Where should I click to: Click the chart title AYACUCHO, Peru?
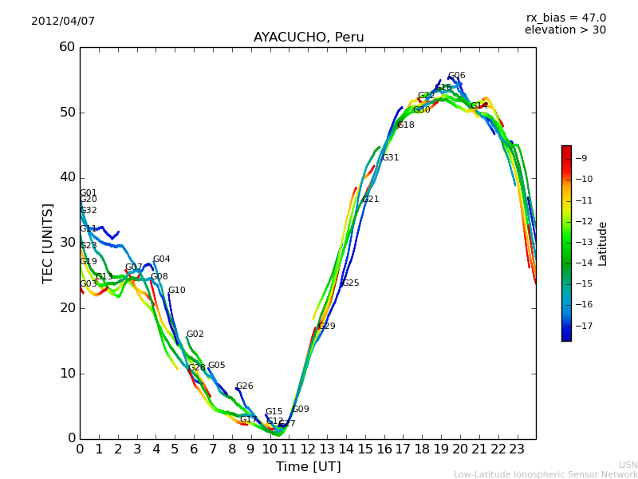point(309,38)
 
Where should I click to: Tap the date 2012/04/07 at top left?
point(63,22)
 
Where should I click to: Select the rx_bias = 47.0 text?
point(565,18)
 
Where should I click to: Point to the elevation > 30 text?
point(565,30)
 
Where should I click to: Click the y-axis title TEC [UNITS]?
point(49,243)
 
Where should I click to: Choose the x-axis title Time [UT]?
point(309,467)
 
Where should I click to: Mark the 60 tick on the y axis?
point(67,47)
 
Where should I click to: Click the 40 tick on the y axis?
point(67,177)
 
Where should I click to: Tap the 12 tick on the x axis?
point(309,449)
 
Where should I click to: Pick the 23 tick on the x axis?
point(517,449)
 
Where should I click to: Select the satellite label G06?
point(457,76)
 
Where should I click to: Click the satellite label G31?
point(390,158)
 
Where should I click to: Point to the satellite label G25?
point(350,283)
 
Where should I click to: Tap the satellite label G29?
point(326,327)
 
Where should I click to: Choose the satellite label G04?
point(161,259)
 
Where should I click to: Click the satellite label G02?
point(195,335)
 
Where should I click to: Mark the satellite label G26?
point(244,386)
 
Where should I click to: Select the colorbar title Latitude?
point(603,243)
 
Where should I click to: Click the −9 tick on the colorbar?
point(581,158)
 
